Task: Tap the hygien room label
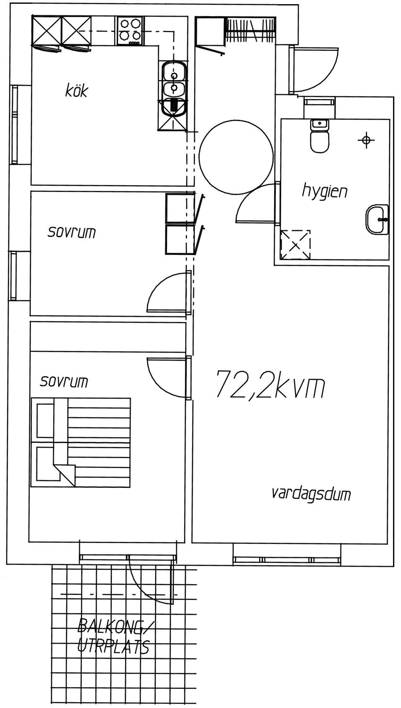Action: [x=324, y=191]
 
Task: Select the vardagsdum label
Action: [x=311, y=494]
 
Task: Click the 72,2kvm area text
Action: [x=270, y=385]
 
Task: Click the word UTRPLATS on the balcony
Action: [x=113, y=646]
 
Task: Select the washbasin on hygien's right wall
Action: [x=377, y=219]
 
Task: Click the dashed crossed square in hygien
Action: [x=296, y=245]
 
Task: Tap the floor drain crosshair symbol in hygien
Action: [x=366, y=140]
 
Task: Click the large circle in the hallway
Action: [x=236, y=157]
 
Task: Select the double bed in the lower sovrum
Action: [x=81, y=442]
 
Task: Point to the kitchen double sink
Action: [x=174, y=82]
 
